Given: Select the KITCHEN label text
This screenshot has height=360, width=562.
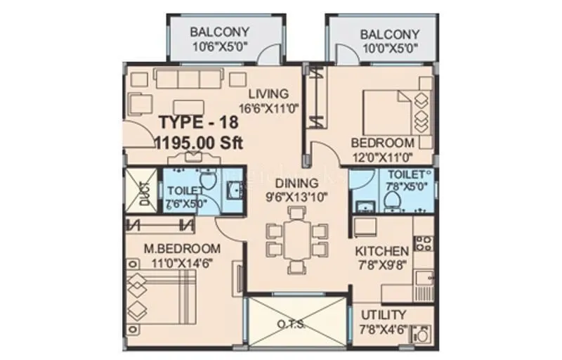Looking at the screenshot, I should coord(381,251).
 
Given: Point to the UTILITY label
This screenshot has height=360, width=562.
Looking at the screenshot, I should coord(384,314).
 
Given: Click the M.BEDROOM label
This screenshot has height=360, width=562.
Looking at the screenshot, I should coord(182,248).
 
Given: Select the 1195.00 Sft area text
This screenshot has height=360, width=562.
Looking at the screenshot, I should coord(198,141).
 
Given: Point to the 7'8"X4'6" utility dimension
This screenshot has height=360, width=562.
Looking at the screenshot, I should coord(384,328).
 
